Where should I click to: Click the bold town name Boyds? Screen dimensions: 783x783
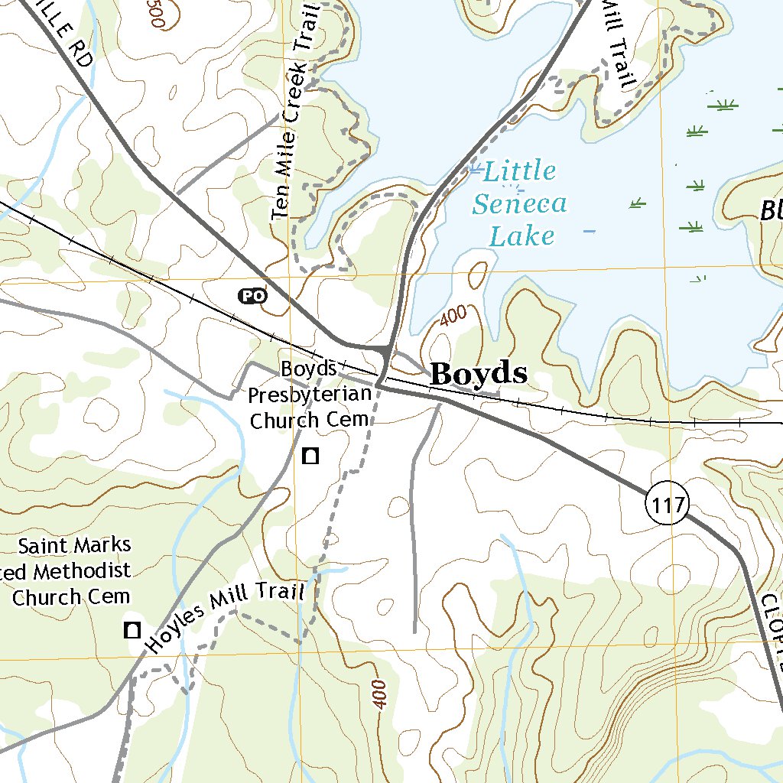tap(479, 374)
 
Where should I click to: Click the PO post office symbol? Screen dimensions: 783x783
tap(252, 295)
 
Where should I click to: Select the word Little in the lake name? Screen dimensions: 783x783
tap(519, 171)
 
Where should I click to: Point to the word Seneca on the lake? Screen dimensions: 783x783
tap(519, 203)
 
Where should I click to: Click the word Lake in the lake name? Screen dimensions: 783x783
tap(521, 236)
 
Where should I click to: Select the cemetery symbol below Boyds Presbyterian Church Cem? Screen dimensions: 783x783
tap(310, 456)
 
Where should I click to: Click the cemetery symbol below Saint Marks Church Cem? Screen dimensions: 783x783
tap(132, 630)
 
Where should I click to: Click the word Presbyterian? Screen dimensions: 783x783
tap(310, 395)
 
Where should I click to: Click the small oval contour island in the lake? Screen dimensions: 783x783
tap(476, 276)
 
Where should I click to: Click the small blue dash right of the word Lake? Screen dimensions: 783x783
tap(590, 230)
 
